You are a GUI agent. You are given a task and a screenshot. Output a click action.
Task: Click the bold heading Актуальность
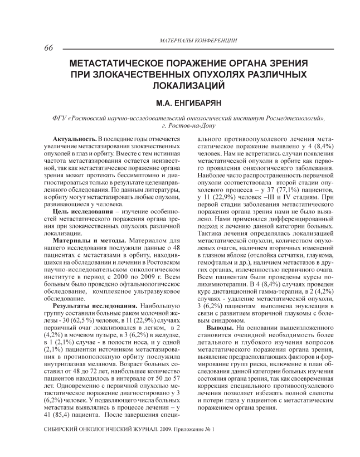(75, 138)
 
